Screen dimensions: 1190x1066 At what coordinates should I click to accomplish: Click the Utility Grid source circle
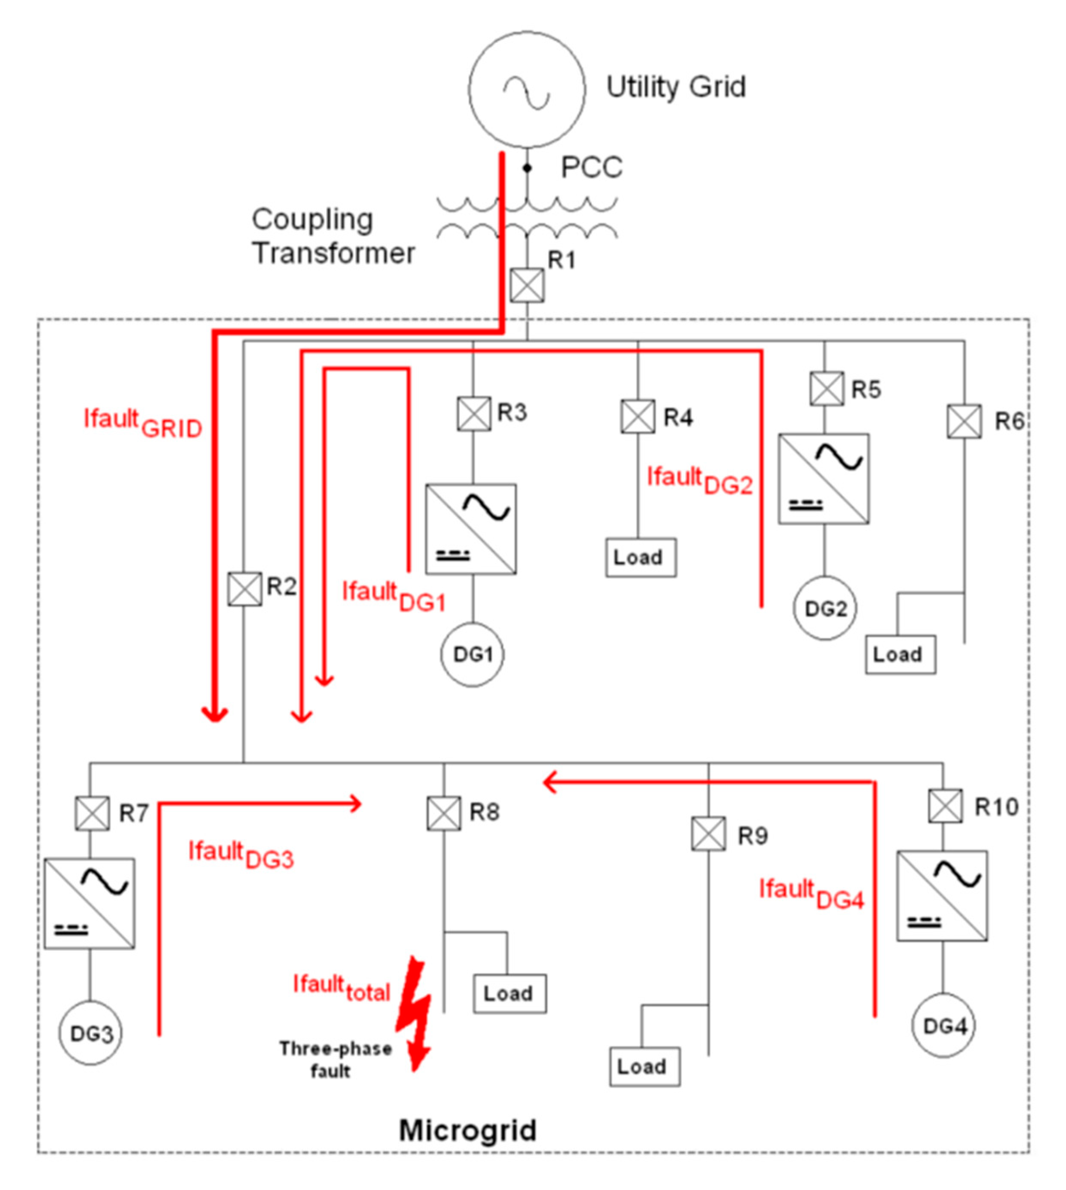pyautogui.click(x=527, y=90)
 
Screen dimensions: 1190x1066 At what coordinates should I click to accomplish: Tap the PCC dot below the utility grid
pyautogui.click(x=527, y=168)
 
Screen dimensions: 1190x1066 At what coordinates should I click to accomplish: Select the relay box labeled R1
pyautogui.click(x=527, y=286)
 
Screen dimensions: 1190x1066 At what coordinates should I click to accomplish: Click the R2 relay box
pyautogui.click(x=244, y=589)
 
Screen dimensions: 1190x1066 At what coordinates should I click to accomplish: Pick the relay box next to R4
pyautogui.click(x=638, y=417)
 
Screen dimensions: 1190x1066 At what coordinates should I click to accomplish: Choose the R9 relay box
pyautogui.click(x=709, y=834)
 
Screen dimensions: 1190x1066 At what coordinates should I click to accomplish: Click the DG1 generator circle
pyautogui.click(x=472, y=654)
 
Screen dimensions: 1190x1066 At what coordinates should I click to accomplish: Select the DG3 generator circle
pyautogui.click(x=90, y=1034)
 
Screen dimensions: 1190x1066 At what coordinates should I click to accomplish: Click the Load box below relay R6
pyautogui.click(x=900, y=654)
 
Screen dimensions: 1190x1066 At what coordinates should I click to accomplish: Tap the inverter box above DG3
pyautogui.click(x=90, y=903)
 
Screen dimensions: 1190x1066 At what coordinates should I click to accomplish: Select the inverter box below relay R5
pyautogui.click(x=823, y=479)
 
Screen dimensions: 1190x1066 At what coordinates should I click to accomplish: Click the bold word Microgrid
pyautogui.click(x=467, y=1130)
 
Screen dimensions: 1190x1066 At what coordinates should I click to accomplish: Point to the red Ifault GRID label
pyautogui.click(x=143, y=424)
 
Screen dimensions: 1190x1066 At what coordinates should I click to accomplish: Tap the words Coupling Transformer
pyautogui.click(x=332, y=237)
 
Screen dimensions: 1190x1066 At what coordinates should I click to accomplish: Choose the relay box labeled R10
pyautogui.click(x=945, y=806)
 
